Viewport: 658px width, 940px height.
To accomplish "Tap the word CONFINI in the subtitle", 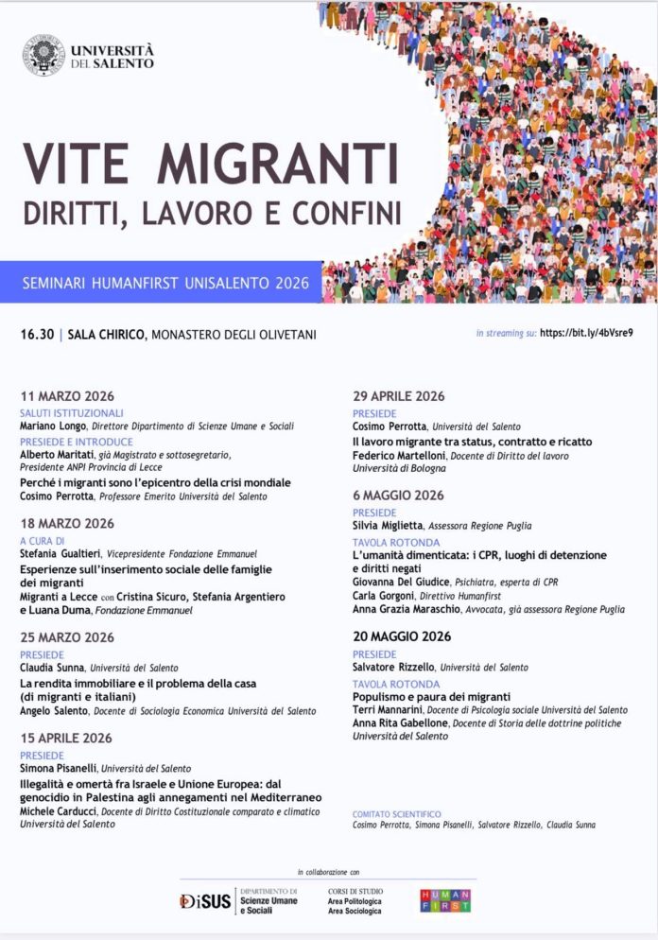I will [347, 211].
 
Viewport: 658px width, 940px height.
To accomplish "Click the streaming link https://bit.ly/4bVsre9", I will [586, 334].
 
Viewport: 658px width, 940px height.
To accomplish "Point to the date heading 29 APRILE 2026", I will [398, 396].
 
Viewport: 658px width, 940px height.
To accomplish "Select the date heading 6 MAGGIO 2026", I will [398, 496].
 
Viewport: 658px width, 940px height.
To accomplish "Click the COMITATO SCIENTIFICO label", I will [396, 813].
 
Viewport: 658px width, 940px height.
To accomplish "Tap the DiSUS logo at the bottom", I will [205, 901].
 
